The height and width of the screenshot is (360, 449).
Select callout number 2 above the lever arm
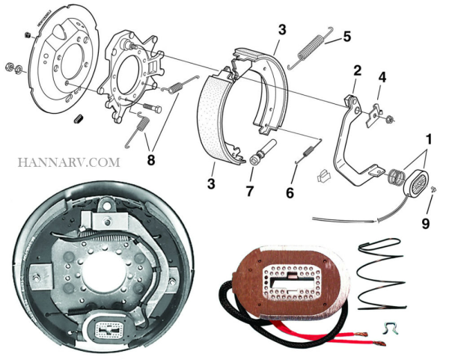[358, 71]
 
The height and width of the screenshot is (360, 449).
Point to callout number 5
[346, 36]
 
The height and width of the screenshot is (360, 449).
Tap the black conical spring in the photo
[386, 277]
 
